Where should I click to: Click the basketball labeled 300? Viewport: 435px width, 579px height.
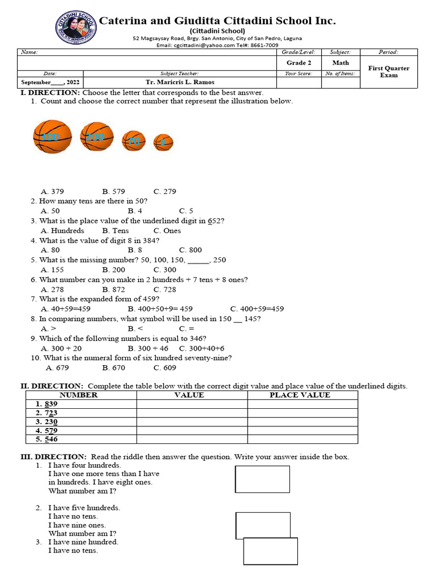pyautogui.click(x=53, y=136)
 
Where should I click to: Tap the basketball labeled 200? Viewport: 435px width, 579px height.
pyautogui.click(x=97, y=136)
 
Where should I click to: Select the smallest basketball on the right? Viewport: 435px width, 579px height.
pyautogui.click(x=163, y=142)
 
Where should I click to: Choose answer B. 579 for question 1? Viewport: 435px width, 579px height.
pyautogui.click(x=113, y=192)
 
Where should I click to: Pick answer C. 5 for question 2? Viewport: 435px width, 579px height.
pyautogui.click(x=186, y=211)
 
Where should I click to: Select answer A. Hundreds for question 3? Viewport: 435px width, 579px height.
pyautogui.click(x=62, y=231)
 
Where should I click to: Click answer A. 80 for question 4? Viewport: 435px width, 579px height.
pyautogui.click(x=50, y=250)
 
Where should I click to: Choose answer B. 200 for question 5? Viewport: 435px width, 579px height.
pyautogui.click(x=113, y=270)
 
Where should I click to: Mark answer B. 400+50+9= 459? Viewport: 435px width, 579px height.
pyautogui.click(x=160, y=309)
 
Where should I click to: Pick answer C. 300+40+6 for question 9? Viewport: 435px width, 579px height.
pyautogui.click(x=202, y=348)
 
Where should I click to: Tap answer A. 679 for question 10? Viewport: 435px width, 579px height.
pyautogui.click(x=57, y=368)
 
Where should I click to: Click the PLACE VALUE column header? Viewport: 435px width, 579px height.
pyautogui.click(x=300, y=395)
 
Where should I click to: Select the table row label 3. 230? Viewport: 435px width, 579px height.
pyautogui.click(x=46, y=422)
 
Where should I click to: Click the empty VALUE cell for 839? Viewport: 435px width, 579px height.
pyautogui.click(x=191, y=404)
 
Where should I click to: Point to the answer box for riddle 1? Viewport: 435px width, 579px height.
pyautogui.click(x=262, y=479)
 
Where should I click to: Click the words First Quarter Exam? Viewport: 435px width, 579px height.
pyautogui.click(x=389, y=71)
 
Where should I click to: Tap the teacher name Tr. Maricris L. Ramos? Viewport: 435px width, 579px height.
pyautogui.click(x=180, y=82)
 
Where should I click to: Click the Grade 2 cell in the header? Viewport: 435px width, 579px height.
pyautogui.click(x=298, y=63)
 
